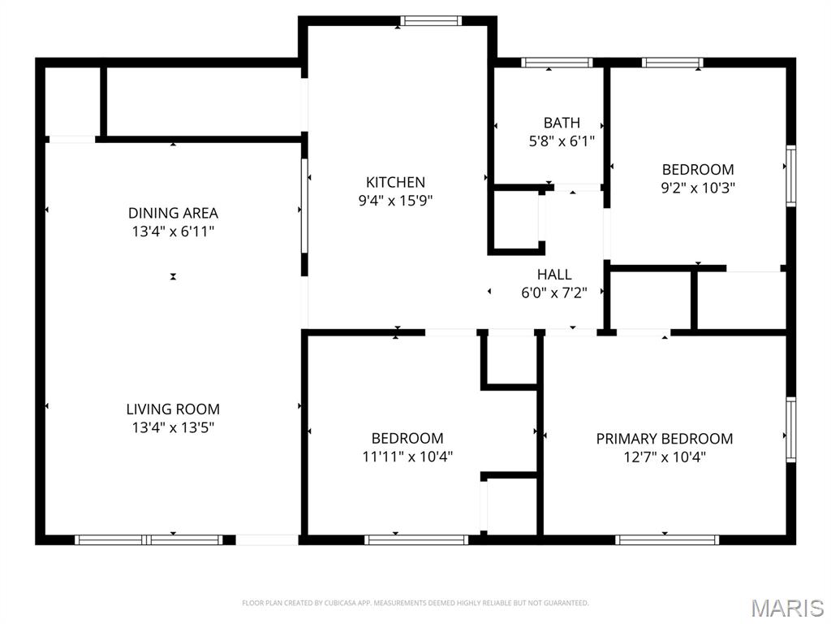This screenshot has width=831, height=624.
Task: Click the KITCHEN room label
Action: click(x=395, y=182)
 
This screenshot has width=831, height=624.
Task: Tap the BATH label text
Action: click(x=562, y=123)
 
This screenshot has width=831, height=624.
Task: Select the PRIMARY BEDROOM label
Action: click(x=664, y=439)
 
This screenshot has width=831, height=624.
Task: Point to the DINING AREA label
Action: click(x=173, y=213)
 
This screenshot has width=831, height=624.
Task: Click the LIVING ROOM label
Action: click(x=173, y=409)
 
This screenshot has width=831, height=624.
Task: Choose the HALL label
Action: click(x=553, y=275)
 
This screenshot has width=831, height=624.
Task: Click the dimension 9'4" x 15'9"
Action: click(x=395, y=201)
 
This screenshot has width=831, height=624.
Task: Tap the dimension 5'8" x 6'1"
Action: click(x=562, y=141)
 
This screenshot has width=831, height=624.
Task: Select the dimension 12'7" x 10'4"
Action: click(x=664, y=457)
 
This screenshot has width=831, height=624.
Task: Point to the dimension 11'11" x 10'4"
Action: click(x=407, y=457)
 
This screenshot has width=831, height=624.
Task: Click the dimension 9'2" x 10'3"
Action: click(x=698, y=188)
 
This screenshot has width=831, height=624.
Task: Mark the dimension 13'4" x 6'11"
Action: click(x=173, y=232)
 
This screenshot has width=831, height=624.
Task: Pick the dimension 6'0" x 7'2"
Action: click(x=553, y=292)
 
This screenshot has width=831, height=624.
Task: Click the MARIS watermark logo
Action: click(x=786, y=608)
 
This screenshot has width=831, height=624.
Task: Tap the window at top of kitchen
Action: click(x=431, y=21)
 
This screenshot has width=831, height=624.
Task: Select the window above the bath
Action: click(x=557, y=63)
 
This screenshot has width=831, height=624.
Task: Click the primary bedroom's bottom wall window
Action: click(x=666, y=539)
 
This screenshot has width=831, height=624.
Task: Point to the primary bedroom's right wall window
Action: click(x=790, y=430)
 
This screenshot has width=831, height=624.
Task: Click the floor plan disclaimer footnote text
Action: click(x=415, y=603)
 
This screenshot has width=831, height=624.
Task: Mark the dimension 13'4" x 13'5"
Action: click(x=173, y=427)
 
